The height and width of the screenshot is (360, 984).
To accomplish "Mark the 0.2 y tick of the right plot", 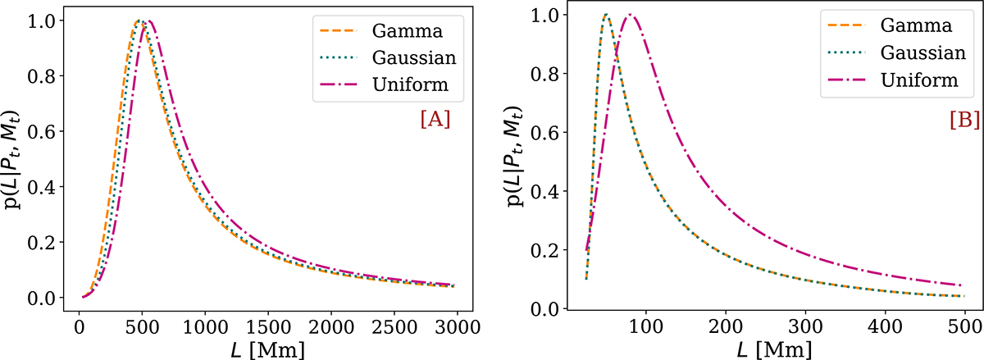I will [x=550, y=250].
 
